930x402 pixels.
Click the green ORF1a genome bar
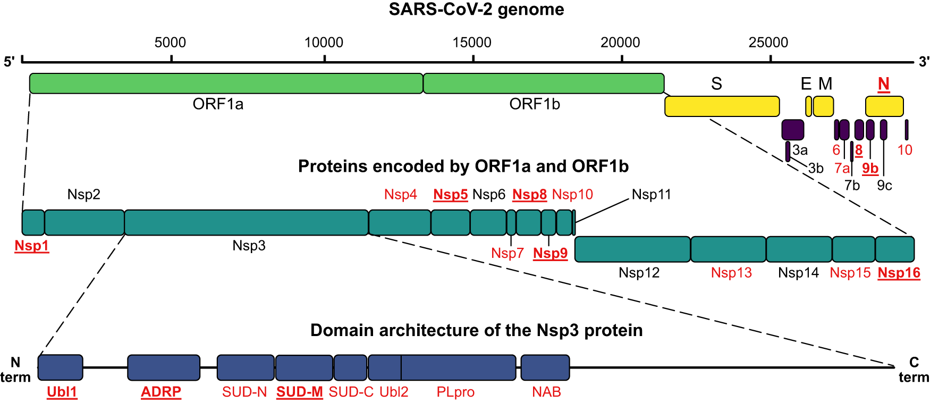tap(226, 83)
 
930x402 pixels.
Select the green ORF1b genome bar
tap(543, 83)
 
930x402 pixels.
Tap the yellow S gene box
tap(722, 106)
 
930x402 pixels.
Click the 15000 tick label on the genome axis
tap(472, 43)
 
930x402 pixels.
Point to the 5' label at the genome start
tap(9, 62)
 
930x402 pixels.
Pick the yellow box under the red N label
tap(884, 106)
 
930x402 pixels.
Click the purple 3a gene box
tap(792, 130)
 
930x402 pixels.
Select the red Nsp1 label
tap(32, 246)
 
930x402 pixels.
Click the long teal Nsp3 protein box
tap(246, 222)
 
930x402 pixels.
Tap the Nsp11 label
tap(651, 195)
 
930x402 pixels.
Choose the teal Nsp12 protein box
tap(632, 249)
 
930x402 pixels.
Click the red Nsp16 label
tap(899, 273)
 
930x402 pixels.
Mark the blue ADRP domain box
tap(164, 367)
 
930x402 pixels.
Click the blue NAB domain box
tap(545, 367)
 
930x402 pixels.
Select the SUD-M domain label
tap(300, 392)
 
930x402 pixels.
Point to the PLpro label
tap(455, 392)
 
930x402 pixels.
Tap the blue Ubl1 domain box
tap(61, 367)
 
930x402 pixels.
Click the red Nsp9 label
tap(550, 254)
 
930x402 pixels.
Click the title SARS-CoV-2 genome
tap(476, 10)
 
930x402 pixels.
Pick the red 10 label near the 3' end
tap(904, 150)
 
